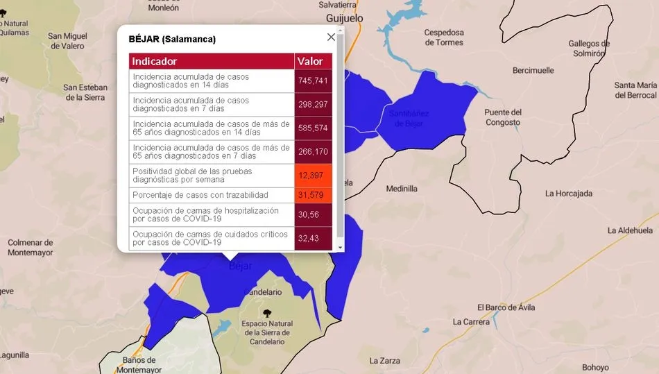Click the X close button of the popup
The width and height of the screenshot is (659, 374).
point(331,37)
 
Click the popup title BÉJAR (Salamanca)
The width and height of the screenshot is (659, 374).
point(172,39)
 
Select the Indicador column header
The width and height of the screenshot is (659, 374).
point(155,62)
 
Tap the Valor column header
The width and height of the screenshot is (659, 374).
point(310,62)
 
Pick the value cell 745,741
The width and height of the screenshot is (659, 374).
point(313,81)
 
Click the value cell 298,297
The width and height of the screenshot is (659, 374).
point(313,105)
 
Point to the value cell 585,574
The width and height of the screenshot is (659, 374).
point(313,128)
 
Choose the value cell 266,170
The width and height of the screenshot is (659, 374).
point(313,152)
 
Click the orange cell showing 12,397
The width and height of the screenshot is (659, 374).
point(313,176)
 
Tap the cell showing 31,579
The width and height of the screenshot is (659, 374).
point(313,195)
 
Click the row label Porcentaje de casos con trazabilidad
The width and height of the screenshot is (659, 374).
point(200,195)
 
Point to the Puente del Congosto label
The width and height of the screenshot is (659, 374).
point(503,117)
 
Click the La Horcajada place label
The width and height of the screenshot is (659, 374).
point(569,194)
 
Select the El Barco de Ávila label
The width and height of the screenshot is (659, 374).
point(506,307)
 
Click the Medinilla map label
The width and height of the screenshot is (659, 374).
point(402,188)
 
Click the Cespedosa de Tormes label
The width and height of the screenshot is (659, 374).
point(444,37)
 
